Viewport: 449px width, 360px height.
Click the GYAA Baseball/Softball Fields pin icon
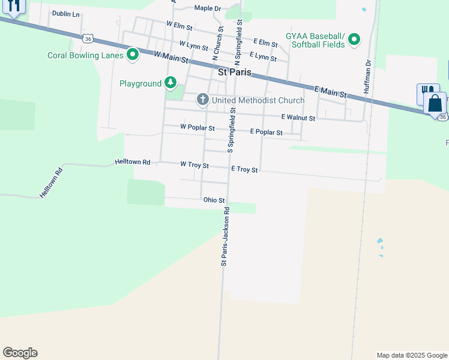pyautogui.click(x=354, y=40)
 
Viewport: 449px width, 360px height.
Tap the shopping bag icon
pyautogui.click(x=435, y=103)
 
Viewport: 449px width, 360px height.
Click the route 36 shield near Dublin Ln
pyautogui.click(x=88, y=38)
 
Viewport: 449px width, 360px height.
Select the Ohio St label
pyautogui.click(x=214, y=200)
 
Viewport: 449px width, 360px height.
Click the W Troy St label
pyautogui.click(x=194, y=164)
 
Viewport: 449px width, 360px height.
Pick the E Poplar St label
pyautogui.click(x=266, y=132)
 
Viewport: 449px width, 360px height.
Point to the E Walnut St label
pyautogui.click(x=298, y=118)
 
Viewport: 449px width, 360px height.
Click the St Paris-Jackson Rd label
pyautogui.click(x=225, y=236)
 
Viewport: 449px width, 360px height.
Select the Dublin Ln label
pyautogui.click(x=65, y=13)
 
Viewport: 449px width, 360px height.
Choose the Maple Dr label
pyautogui.click(x=208, y=8)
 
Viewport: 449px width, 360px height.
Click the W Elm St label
pyautogui.click(x=179, y=27)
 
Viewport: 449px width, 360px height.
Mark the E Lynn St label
pyautogui.click(x=263, y=57)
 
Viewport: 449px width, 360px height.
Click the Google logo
pyautogui.click(x=20, y=353)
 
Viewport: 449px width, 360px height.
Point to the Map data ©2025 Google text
pyautogui.click(x=412, y=355)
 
